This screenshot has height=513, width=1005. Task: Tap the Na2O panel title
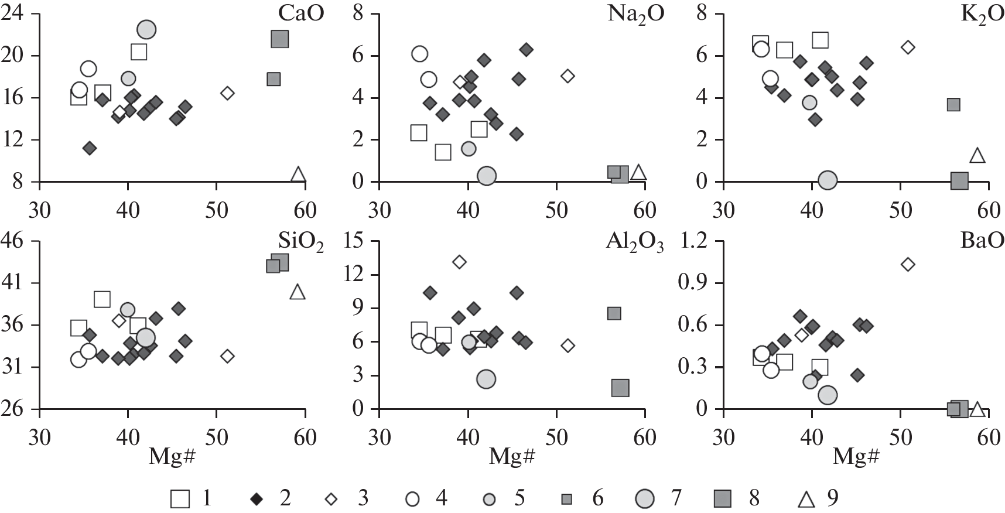pos(636,14)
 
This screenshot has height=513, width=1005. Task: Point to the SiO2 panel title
pos(303,242)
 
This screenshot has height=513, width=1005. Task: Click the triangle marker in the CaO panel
pos(298,174)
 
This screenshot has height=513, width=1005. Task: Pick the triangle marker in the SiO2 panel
pos(298,292)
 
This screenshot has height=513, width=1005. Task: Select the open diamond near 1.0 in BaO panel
pos(908,265)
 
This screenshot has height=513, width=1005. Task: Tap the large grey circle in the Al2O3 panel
pos(486,379)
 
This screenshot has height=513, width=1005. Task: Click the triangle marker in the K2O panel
pos(977,156)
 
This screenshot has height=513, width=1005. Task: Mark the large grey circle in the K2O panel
pos(827,180)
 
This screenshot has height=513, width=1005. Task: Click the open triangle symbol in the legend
pos(807,499)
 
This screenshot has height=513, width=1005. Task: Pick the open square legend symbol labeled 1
pos(180,499)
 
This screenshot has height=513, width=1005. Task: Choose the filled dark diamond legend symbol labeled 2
pos(256,499)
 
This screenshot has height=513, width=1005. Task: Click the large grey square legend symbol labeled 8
pos(724,499)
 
